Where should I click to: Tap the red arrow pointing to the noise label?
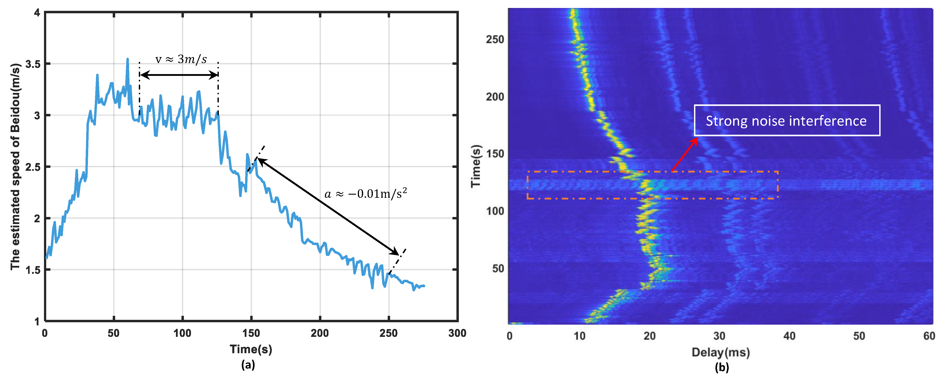685,154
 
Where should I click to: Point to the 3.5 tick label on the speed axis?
33,64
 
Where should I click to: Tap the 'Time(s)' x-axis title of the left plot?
251,349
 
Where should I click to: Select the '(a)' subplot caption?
248,365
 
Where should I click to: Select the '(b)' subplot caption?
722,367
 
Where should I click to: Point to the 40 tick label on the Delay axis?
789,336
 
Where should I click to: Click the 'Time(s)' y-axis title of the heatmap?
476,166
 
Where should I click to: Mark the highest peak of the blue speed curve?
128,59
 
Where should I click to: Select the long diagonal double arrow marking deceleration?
328,206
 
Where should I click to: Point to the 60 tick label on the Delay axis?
929,336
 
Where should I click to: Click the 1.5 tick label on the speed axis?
33,270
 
